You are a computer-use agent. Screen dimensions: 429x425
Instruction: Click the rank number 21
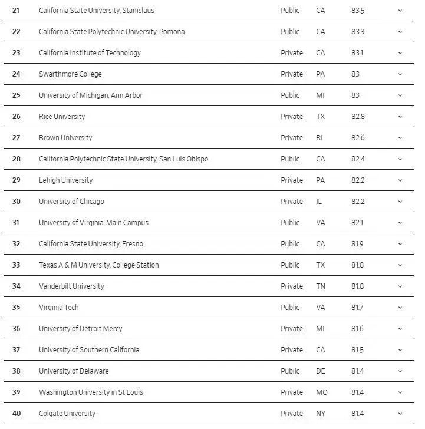(x=16, y=11)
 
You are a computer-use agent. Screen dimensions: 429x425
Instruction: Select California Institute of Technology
(x=90, y=53)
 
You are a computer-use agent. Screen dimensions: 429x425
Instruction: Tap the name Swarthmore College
(x=70, y=74)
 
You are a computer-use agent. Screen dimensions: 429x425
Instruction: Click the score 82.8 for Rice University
(x=358, y=117)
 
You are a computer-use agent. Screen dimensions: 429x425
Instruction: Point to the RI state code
(x=319, y=138)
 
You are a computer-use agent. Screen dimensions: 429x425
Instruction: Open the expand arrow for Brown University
(x=400, y=138)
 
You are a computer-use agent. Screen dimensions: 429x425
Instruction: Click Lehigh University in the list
(x=65, y=180)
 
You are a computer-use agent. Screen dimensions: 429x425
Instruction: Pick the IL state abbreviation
(x=319, y=202)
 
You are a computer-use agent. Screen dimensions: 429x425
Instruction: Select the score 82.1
(x=357, y=223)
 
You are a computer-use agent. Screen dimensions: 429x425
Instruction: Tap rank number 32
(x=16, y=244)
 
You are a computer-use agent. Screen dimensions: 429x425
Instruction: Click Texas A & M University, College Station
(x=98, y=265)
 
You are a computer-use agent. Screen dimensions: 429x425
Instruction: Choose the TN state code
(x=320, y=286)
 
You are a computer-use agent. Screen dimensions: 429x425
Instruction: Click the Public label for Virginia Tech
(x=290, y=308)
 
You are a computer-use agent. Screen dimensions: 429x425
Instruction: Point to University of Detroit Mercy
(x=80, y=329)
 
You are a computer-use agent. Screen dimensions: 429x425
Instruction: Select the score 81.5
(x=357, y=350)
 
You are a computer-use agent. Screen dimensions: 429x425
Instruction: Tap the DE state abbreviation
(x=320, y=371)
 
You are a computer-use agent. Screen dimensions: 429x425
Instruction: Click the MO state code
(x=321, y=392)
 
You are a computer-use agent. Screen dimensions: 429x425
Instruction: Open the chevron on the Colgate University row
(x=400, y=414)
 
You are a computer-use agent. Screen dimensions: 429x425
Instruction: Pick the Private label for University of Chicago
(x=292, y=202)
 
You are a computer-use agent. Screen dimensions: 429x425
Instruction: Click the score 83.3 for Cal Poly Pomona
(x=358, y=32)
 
